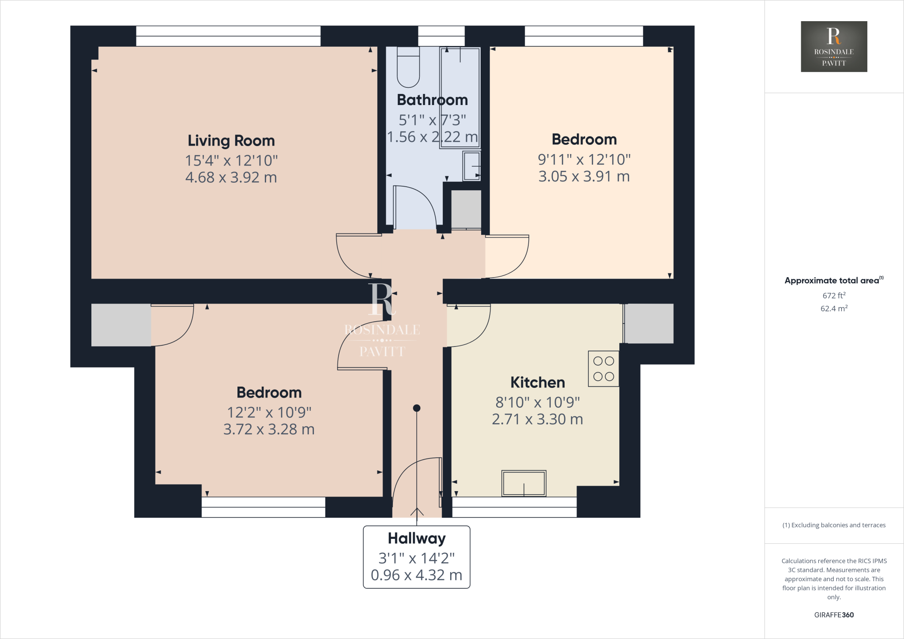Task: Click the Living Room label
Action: pyautogui.click(x=231, y=141)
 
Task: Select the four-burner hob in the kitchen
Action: pyautogui.click(x=603, y=369)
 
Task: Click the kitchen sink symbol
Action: pyautogui.click(x=524, y=483)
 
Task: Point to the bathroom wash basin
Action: pyautogui.click(x=471, y=166)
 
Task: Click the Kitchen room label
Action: pyautogui.click(x=537, y=382)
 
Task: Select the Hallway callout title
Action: pyautogui.click(x=416, y=538)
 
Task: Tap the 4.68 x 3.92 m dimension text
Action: pyautogui.click(x=231, y=177)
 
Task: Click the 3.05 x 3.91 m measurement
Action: pyautogui.click(x=584, y=177)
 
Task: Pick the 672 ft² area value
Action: pyautogui.click(x=833, y=295)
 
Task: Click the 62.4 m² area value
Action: pyautogui.click(x=833, y=308)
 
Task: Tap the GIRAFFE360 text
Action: pyautogui.click(x=833, y=615)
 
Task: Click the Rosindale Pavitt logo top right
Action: pyautogui.click(x=833, y=46)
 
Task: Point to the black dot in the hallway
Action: pyautogui.click(x=416, y=408)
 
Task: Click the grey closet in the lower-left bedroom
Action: pyautogui.click(x=121, y=325)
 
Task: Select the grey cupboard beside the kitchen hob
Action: pyautogui.click(x=649, y=323)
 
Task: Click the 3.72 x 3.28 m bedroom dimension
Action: pyautogui.click(x=268, y=429)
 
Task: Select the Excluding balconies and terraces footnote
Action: pyautogui.click(x=833, y=525)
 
